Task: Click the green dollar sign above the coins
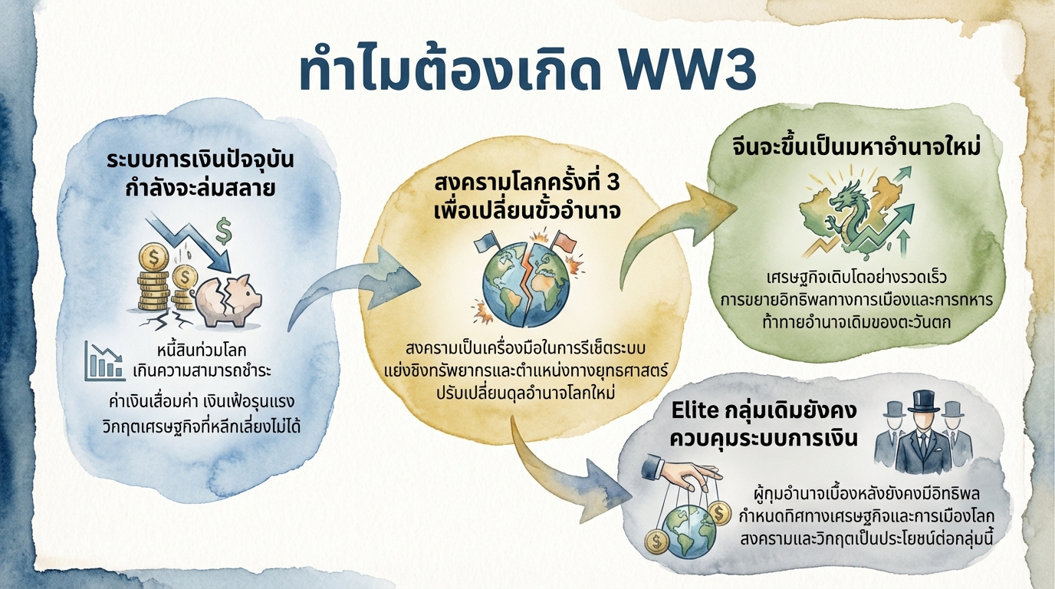(x=225, y=228)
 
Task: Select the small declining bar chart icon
(x=104, y=361)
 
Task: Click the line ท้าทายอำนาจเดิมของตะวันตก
(x=854, y=322)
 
